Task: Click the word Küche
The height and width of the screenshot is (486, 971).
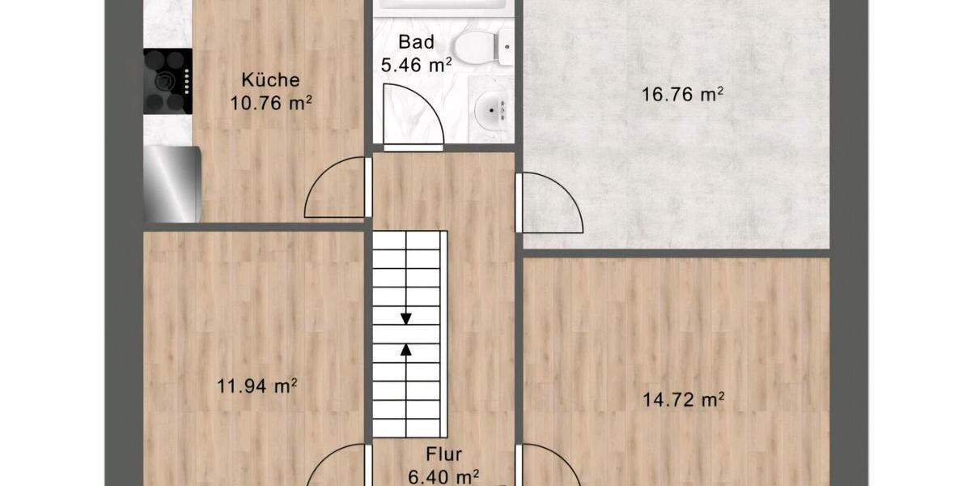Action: pos(271,80)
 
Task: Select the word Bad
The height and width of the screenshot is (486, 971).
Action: pos(417,42)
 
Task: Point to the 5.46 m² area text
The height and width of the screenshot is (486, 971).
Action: pos(416,65)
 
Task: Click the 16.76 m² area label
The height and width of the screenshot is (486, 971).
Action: pos(681,95)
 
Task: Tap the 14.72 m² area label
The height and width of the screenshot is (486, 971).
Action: pos(682,399)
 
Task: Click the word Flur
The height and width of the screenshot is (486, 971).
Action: pos(444,456)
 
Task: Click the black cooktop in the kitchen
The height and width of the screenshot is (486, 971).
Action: pos(167,81)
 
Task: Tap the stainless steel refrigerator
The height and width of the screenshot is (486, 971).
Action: pos(172,184)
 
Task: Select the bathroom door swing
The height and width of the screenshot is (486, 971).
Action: pos(413,118)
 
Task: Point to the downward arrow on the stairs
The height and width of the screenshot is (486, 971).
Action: pos(406,317)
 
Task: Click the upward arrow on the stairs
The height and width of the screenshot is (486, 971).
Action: pos(406,350)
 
